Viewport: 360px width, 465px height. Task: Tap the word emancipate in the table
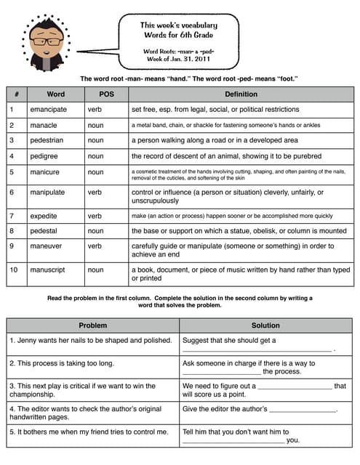point(48,110)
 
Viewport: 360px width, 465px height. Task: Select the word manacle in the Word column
point(44,125)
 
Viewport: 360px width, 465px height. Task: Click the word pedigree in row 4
point(44,155)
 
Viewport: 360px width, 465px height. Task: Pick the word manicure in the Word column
point(45,173)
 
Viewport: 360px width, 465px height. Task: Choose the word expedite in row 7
point(44,216)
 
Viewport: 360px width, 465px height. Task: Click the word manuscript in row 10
point(48,270)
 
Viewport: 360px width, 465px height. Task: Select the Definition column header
point(241,94)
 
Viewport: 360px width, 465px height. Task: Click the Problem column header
point(92,325)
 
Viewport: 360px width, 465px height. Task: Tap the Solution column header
point(265,325)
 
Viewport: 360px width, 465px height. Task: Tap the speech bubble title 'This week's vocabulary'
point(179,25)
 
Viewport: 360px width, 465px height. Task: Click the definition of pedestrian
point(215,140)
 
